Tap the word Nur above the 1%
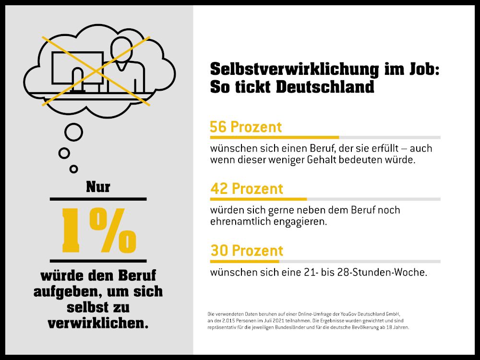pyautogui.click(x=98, y=187)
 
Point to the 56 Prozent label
pyautogui.click(x=246, y=127)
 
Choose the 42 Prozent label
pyautogui.click(x=247, y=189)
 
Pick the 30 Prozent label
pyautogui.click(x=247, y=251)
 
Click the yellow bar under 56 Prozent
pyautogui.click(x=274, y=137)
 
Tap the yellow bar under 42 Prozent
pyautogui.click(x=258, y=199)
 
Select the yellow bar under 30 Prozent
pyautogui.click(x=244, y=261)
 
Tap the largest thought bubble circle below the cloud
pyautogui.click(x=73, y=132)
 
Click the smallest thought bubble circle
pyautogui.click(x=73, y=168)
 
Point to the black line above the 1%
pyautogui.click(x=98, y=199)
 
